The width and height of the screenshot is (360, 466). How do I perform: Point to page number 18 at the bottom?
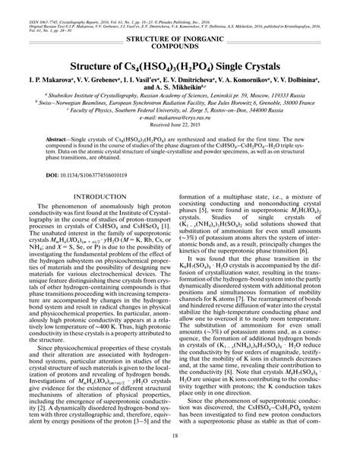pos(180,456)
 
